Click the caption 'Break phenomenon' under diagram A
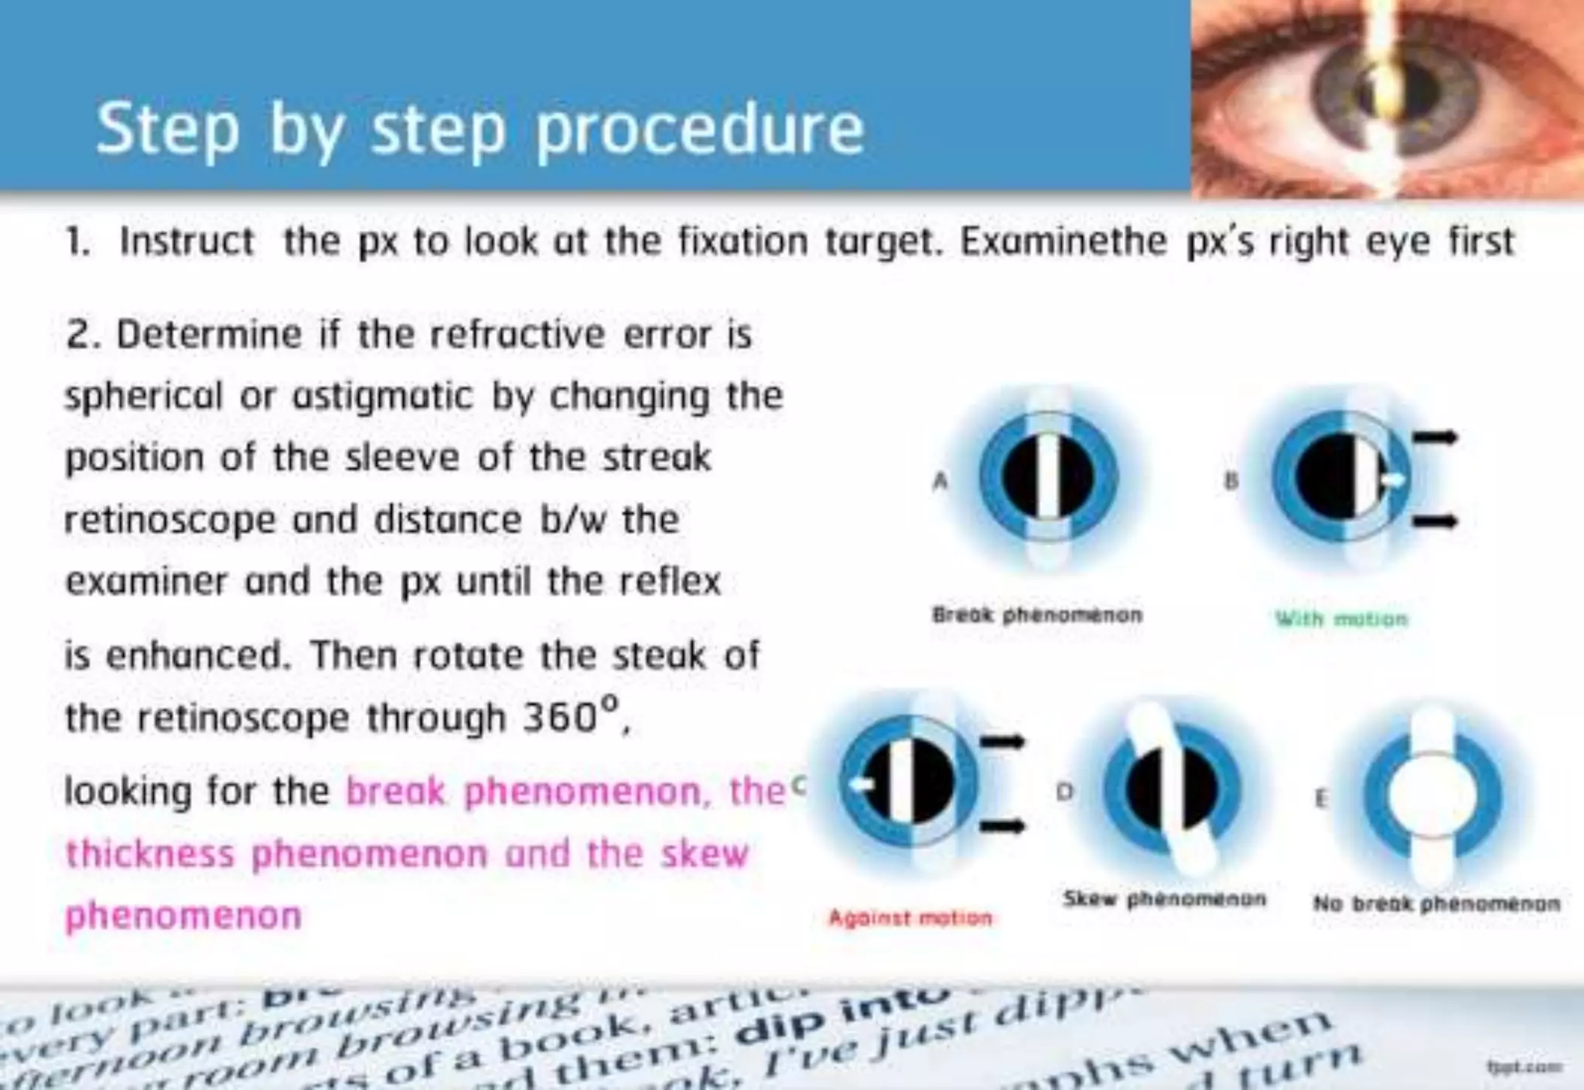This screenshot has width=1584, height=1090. click(x=1036, y=615)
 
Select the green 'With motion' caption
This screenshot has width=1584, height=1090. click(x=1341, y=619)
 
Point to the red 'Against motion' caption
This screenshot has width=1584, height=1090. click(x=910, y=918)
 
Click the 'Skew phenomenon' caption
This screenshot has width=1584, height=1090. click(x=1164, y=899)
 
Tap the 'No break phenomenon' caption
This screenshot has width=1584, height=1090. click(x=1436, y=903)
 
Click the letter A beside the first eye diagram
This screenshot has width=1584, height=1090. click(x=940, y=481)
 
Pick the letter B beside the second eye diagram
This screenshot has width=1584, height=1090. click(x=1231, y=481)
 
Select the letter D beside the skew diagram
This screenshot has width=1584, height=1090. click(x=1065, y=791)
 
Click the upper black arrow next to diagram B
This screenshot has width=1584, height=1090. click(x=1435, y=438)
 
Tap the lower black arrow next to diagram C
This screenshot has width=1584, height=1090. click(x=1002, y=827)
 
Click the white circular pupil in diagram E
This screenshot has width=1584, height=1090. click(x=1433, y=795)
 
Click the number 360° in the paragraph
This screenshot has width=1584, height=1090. click(x=570, y=717)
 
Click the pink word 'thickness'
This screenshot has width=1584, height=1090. click(x=149, y=854)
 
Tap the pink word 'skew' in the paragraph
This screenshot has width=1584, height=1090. click(x=705, y=854)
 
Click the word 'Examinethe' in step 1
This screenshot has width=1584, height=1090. click(x=1063, y=241)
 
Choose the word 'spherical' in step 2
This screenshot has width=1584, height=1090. click(x=142, y=397)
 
